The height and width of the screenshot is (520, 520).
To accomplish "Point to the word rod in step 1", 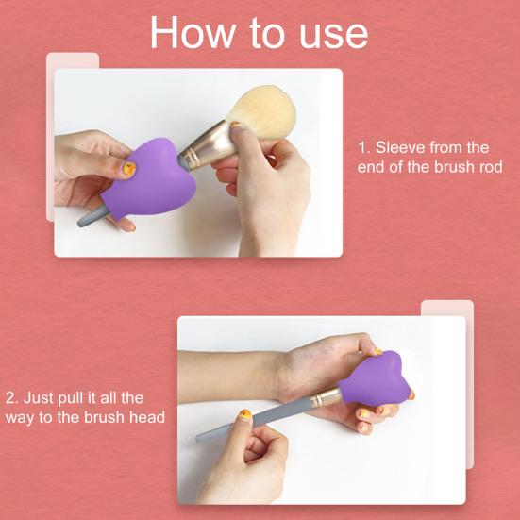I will point(487,167).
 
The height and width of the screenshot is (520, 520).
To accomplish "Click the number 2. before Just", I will point(12,398).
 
